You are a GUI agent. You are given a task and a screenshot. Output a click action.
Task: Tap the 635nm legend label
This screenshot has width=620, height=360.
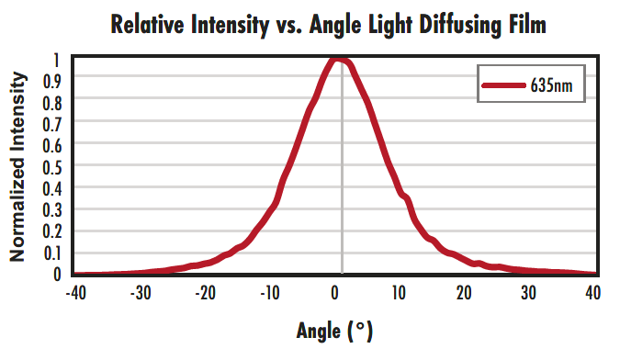pos(551,85)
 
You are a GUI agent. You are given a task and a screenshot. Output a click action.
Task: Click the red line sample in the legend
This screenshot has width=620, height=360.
pos(503,85)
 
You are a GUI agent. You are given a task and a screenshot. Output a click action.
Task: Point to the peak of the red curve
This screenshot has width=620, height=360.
pos(337,60)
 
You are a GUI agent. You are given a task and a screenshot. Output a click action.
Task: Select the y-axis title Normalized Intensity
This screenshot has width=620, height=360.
pos(17,168)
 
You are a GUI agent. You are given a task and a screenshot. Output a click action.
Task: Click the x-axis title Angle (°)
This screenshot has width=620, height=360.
pos(334,329)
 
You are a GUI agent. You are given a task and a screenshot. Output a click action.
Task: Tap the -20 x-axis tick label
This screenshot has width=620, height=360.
pos(205,293)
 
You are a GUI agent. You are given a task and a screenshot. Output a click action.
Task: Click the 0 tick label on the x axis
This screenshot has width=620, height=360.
pos(339,293)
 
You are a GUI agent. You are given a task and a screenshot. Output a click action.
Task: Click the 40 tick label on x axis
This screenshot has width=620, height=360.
pos(592,293)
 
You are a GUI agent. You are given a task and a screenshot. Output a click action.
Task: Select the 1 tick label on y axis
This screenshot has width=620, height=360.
pos(57,60)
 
